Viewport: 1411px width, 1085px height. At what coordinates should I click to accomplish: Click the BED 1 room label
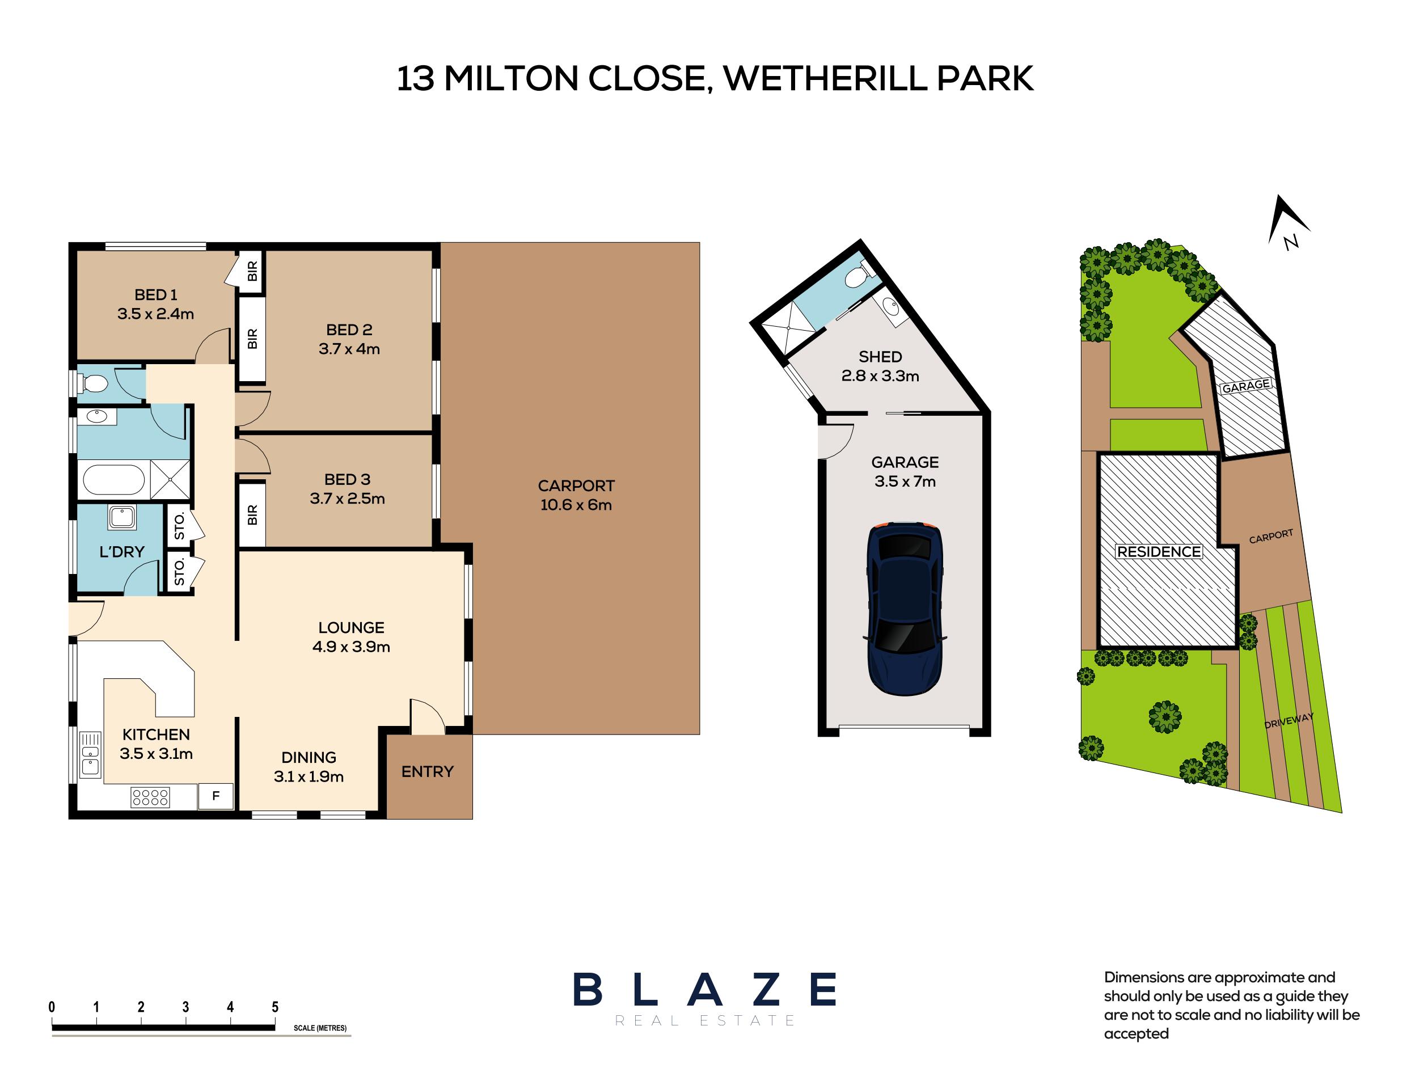tap(155, 294)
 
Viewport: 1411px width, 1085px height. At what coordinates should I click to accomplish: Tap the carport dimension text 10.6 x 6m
tap(576, 505)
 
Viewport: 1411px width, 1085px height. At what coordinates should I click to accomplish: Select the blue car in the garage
tap(905, 609)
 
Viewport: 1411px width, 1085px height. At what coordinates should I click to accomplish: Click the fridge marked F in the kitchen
tap(216, 796)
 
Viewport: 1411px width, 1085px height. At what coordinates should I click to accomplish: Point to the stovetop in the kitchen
tap(150, 797)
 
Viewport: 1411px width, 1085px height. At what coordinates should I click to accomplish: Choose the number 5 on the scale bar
tap(275, 1007)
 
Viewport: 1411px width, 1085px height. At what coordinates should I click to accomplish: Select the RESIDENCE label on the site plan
tap(1159, 551)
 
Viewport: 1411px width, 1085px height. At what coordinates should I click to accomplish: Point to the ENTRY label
tap(427, 772)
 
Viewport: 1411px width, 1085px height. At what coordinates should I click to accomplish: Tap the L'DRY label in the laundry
tap(121, 551)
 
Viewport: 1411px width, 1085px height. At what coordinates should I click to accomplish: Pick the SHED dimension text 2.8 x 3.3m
tap(880, 376)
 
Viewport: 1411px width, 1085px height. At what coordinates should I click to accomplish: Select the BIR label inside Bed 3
tap(252, 515)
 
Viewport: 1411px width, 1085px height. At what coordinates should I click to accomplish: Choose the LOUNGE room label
tap(350, 628)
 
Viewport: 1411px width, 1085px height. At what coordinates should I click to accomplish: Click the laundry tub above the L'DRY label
tap(121, 518)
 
